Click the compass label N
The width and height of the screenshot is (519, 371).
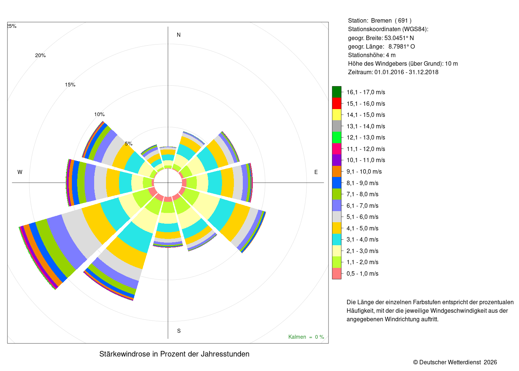click(x=178, y=35)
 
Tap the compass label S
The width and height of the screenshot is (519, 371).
click(x=179, y=331)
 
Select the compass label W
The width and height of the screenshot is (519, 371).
click(x=20, y=172)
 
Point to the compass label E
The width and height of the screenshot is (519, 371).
click(x=316, y=172)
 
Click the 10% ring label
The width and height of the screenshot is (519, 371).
click(x=99, y=114)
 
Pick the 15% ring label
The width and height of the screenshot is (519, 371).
click(x=70, y=85)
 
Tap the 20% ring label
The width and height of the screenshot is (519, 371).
click(x=40, y=55)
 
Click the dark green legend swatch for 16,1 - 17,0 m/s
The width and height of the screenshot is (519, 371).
click(x=337, y=92)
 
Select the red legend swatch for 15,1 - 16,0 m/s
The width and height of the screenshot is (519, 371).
click(x=337, y=103)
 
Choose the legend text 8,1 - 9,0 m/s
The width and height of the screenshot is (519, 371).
click(x=363, y=183)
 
